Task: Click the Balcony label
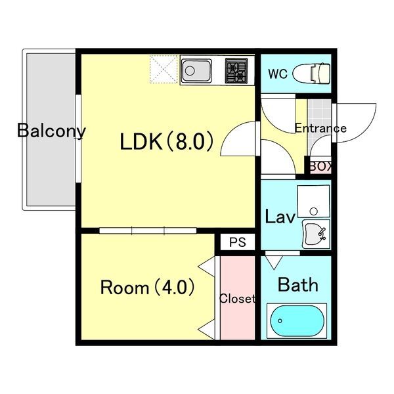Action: (51, 131)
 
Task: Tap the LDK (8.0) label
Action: (167, 142)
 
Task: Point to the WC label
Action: (278, 74)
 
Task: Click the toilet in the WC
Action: (311, 74)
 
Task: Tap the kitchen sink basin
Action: (197, 71)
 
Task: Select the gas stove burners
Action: (236, 71)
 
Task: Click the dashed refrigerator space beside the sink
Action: (164, 68)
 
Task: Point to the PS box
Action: (238, 242)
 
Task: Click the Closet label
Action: (238, 299)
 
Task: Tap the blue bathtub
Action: (297, 320)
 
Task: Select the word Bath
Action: (298, 285)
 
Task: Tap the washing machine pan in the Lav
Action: (313, 202)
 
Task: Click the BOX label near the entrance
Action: (321, 166)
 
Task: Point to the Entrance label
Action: (320, 128)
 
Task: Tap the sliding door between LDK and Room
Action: (148, 230)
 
